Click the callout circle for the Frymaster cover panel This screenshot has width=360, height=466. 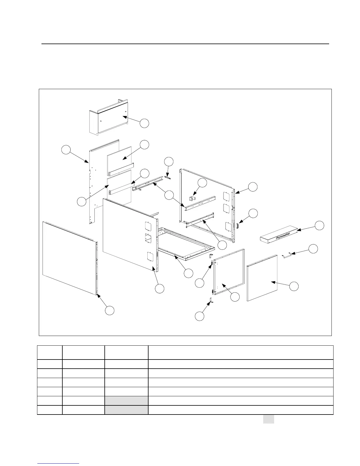click(320, 226)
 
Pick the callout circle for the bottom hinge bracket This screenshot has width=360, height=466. click(200, 316)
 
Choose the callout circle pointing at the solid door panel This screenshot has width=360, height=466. click(294, 286)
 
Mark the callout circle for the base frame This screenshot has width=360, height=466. click(188, 273)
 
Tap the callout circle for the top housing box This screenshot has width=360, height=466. click(144, 124)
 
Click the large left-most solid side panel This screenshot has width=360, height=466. click(69, 257)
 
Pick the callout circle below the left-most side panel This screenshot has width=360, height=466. click(110, 310)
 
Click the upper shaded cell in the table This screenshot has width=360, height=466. click(126, 401)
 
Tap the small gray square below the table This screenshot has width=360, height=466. click(269, 419)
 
